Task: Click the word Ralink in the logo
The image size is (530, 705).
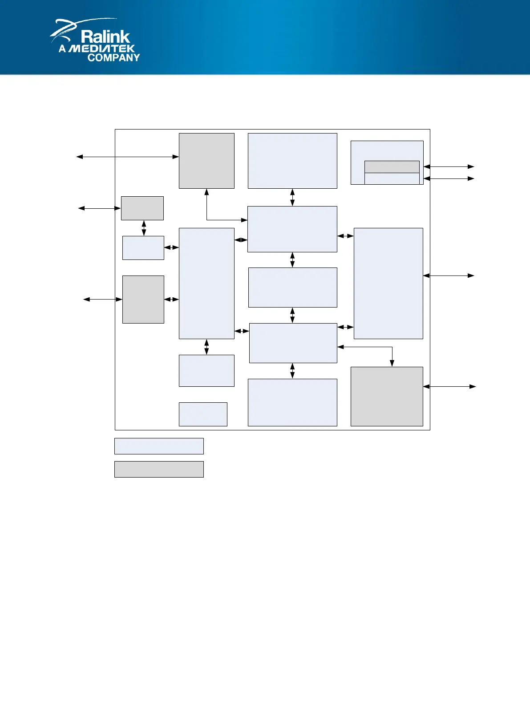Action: (105, 36)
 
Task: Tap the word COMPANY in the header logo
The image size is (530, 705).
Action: (113, 57)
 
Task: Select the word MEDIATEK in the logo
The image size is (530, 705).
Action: (102, 49)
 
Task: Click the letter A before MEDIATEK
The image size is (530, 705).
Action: (62, 49)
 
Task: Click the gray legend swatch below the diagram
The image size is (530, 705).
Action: (159, 469)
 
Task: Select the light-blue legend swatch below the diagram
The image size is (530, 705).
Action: (159, 446)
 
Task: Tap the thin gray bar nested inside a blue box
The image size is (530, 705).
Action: (392, 167)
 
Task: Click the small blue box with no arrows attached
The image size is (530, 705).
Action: (203, 414)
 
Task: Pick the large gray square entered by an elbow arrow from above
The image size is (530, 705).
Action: (387, 397)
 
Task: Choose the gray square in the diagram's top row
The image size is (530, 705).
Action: (206, 161)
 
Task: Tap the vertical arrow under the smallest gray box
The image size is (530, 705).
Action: (144, 228)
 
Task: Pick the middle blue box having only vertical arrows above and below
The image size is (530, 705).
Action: (292, 288)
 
